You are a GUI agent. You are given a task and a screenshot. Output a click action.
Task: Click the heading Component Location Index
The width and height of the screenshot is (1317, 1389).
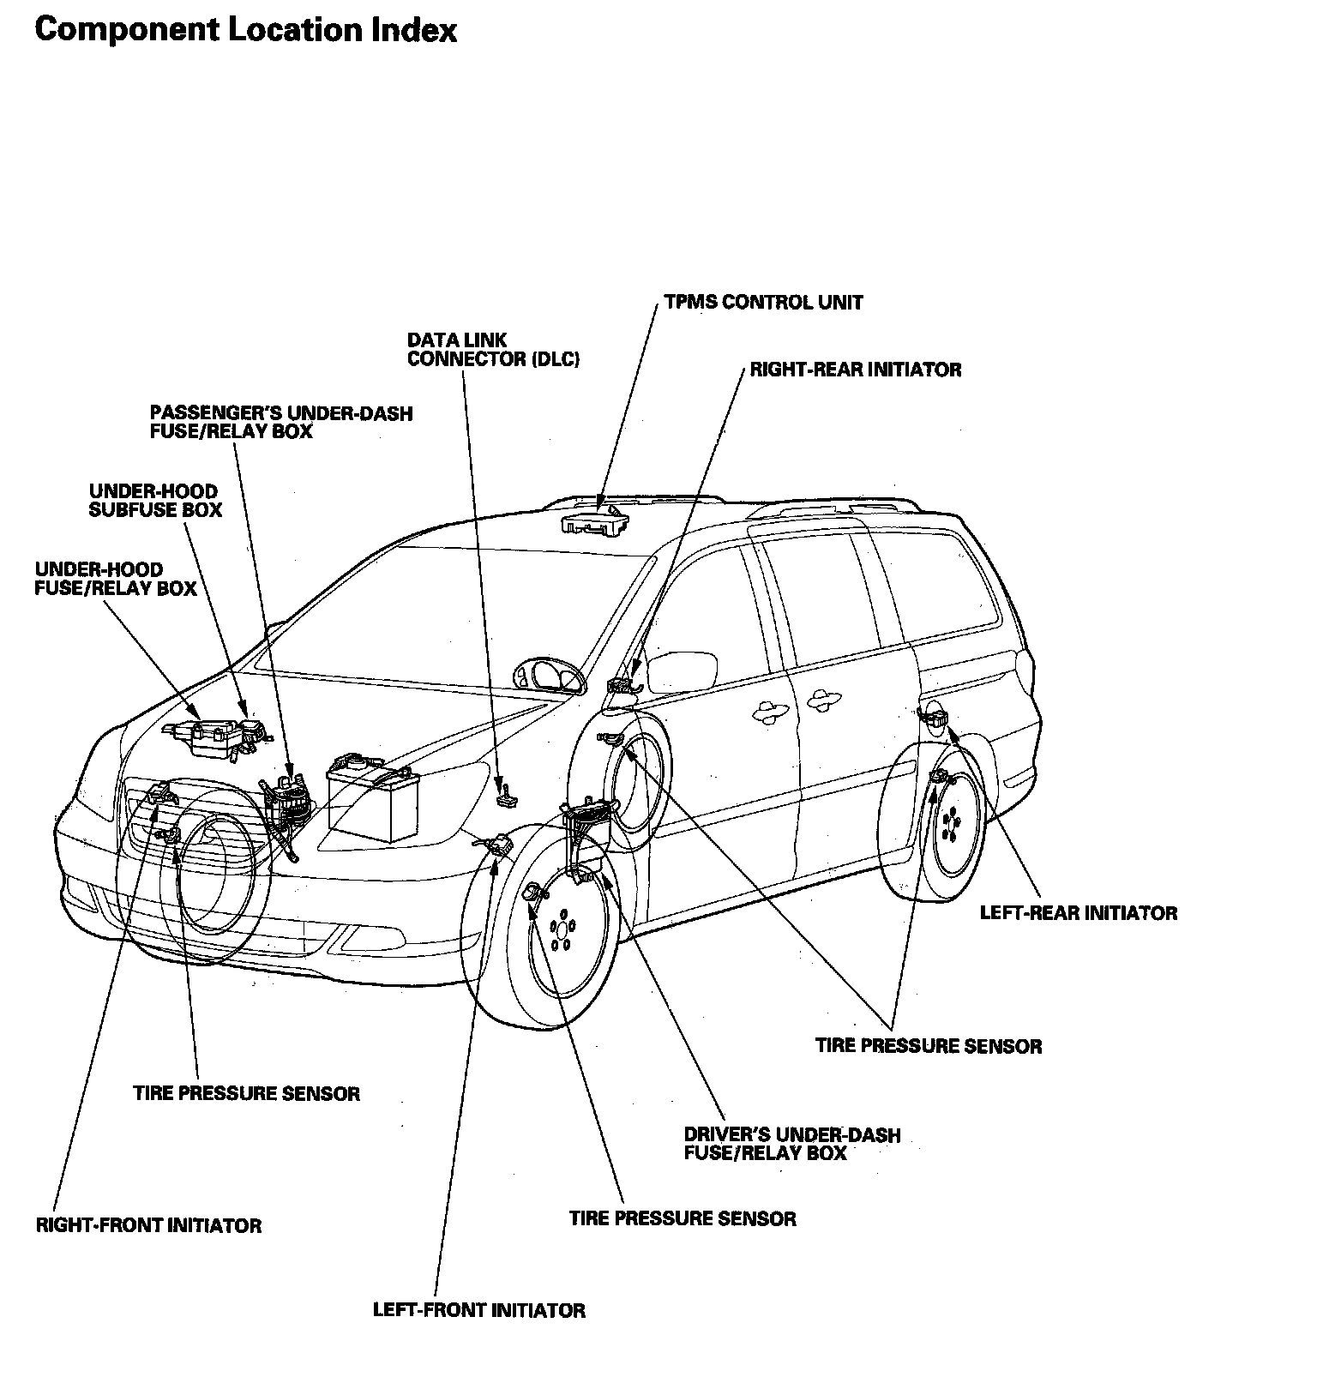click(245, 30)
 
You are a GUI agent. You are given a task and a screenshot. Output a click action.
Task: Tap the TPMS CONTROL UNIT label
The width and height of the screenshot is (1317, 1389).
click(763, 303)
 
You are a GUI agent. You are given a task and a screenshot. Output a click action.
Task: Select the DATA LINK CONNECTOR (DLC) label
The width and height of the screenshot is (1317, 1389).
click(493, 350)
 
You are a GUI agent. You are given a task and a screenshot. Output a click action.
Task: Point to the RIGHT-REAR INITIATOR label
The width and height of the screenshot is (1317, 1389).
click(855, 370)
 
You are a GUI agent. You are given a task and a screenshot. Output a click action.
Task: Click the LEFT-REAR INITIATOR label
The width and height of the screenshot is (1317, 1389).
click(1078, 912)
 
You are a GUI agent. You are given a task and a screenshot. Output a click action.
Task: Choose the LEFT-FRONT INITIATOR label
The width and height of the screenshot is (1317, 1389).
click(478, 1310)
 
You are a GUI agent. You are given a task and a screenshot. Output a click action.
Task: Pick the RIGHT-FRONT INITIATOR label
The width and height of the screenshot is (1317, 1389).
click(148, 1225)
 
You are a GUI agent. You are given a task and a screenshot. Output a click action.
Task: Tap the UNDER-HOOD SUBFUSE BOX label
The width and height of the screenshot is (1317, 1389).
click(155, 501)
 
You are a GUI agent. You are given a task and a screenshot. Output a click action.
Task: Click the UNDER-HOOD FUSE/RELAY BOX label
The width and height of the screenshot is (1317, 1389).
click(116, 579)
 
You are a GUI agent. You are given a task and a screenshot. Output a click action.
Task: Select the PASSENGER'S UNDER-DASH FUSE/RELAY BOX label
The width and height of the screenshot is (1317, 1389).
click(280, 422)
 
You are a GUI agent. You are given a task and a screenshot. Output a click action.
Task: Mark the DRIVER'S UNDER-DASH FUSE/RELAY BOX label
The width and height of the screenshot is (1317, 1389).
click(791, 1144)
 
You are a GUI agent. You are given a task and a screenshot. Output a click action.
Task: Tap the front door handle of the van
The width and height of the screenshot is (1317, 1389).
click(768, 710)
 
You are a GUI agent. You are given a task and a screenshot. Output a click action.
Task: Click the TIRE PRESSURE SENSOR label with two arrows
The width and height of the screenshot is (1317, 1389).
click(928, 1046)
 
